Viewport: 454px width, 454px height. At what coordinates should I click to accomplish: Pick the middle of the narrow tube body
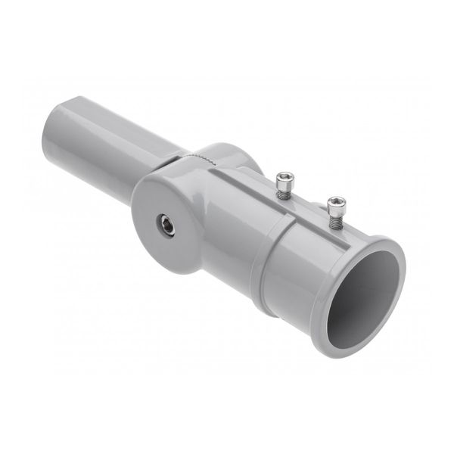click(x=113, y=151)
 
